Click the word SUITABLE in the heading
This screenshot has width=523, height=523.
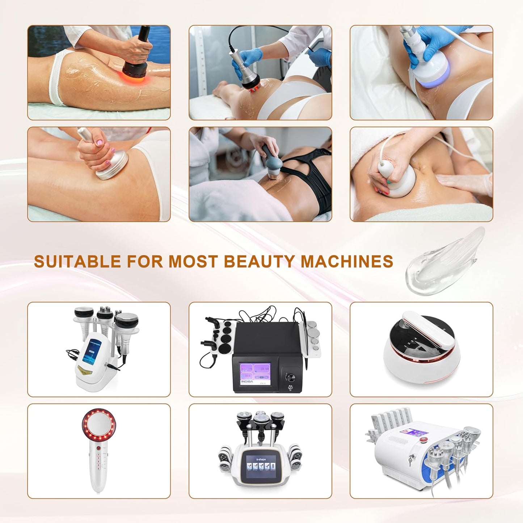[77, 261]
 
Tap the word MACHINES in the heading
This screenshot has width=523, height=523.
[347, 261]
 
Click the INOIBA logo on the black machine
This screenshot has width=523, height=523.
[248, 381]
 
